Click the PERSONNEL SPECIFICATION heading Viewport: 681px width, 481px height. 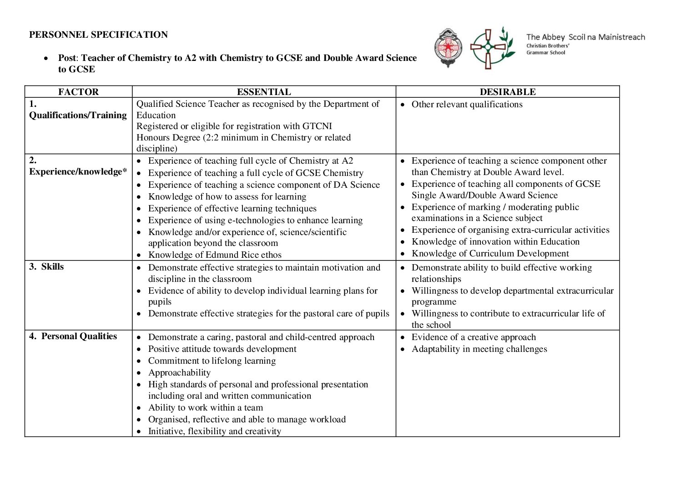(98, 35)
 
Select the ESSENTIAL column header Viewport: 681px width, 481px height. (263, 92)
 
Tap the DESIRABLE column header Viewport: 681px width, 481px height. (507, 92)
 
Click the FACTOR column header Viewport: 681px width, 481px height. (78, 92)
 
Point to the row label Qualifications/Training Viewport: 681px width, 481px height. (78, 115)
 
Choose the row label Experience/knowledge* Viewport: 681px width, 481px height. (78, 171)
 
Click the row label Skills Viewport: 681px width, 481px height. (52, 267)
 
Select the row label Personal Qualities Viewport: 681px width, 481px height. (79, 336)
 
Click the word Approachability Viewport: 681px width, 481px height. (179, 373)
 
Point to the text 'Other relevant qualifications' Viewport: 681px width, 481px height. (467, 105)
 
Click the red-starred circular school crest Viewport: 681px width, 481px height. (448, 47)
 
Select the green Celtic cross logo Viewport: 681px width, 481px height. (490, 47)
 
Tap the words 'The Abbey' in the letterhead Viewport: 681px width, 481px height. (545, 37)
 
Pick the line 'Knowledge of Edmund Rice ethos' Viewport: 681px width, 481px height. (215, 255)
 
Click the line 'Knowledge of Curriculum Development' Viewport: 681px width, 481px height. (490, 254)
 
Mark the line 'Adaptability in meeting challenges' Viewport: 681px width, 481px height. (479, 349)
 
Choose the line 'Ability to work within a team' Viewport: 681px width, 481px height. (205, 408)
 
